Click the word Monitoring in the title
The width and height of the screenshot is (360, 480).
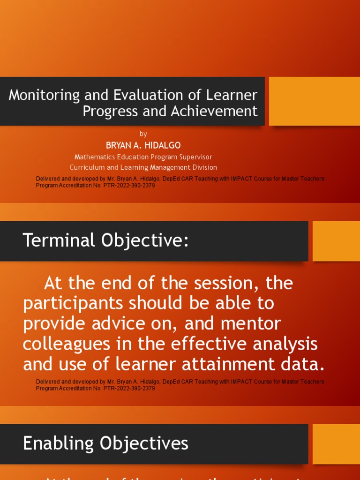[x=45, y=95]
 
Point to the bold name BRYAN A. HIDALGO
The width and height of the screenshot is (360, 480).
[x=143, y=145]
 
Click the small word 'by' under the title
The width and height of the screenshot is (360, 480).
[x=143, y=134]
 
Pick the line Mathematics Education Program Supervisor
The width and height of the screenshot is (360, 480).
[x=143, y=157]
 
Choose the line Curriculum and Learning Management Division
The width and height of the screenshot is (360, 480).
[x=143, y=167]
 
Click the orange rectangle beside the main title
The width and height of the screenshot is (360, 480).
[x=314, y=101]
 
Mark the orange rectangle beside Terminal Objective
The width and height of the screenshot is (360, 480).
[x=336, y=241]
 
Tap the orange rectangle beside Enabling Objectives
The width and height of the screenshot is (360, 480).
[x=336, y=444]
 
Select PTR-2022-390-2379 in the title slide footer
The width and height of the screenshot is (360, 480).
[x=128, y=185]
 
